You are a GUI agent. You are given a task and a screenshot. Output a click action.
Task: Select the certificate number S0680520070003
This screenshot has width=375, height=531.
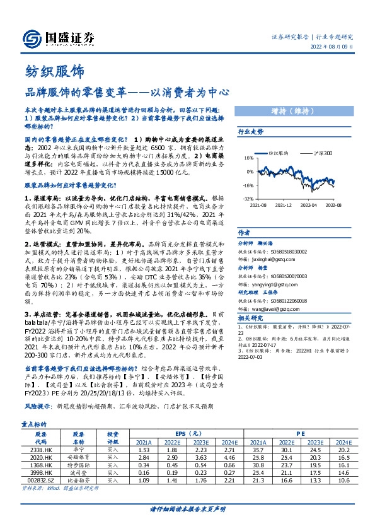(281, 276)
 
